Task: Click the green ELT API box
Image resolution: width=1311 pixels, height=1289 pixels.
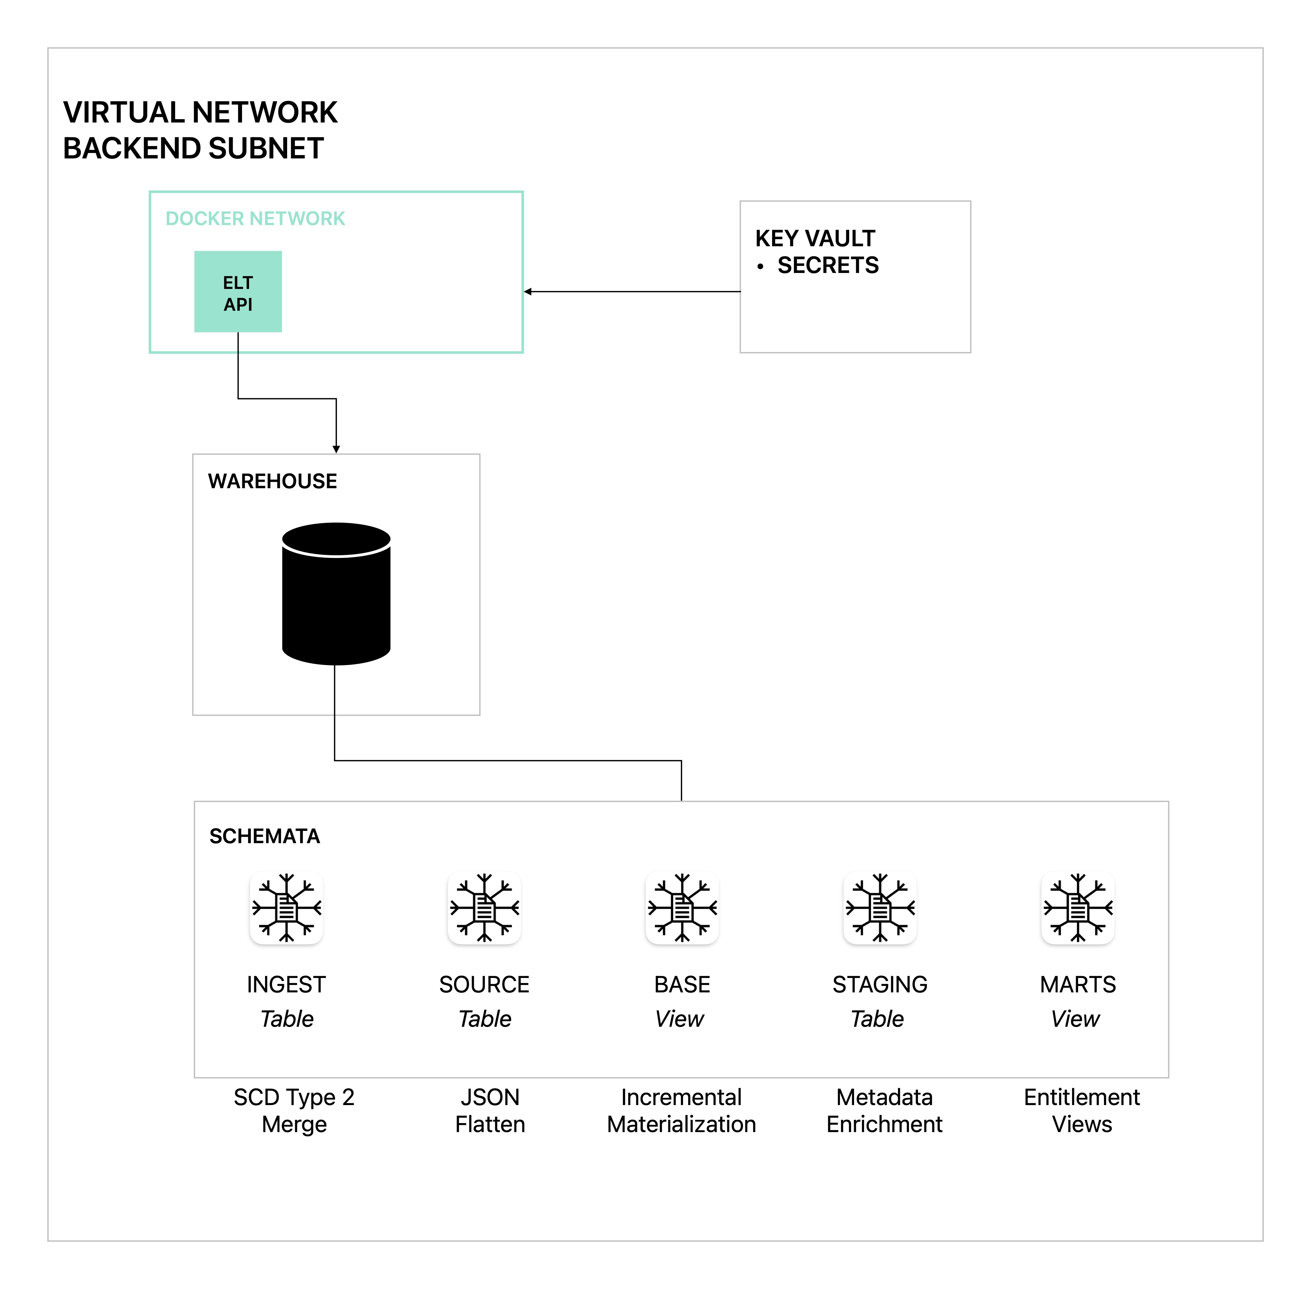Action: [238, 292]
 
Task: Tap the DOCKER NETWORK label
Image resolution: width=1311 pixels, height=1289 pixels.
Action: [255, 219]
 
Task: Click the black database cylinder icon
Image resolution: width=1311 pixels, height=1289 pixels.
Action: [336, 594]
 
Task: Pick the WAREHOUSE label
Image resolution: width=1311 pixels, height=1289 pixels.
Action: [272, 481]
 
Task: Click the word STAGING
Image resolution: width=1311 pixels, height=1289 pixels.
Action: [880, 984]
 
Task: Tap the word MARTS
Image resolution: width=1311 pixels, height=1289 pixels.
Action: [1077, 984]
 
